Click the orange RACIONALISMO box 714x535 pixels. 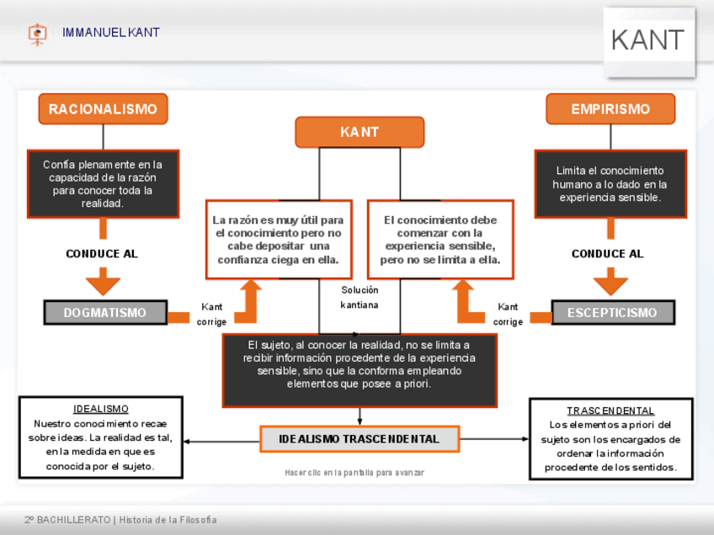tap(103, 109)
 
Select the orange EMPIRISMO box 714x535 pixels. tap(610, 109)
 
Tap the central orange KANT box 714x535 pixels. tap(360, 132)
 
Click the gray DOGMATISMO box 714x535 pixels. tap(104, 313)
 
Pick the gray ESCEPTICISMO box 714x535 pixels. tap(612, 313)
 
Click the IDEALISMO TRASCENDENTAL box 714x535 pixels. tap(360, 439)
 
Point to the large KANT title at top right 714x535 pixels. tap(647, 40)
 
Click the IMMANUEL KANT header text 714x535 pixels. tap(111, 33)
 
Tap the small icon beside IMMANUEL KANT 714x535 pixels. tap(37, 34)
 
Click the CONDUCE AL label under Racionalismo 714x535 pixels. tap(102, 254)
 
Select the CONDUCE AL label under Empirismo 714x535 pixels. tap(607, 254)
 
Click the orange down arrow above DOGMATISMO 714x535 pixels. tap(104, 281)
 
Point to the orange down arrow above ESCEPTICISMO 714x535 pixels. tap(610, 281)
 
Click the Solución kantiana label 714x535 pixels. tap(360, 297)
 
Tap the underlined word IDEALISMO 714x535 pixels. tap(101, 410)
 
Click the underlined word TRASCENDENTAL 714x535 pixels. tap(610, 411)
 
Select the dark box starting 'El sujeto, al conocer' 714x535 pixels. tap(360, 369)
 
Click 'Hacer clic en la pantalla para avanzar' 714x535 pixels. tap(354, 473)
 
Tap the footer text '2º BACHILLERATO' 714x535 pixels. tap(67, 520)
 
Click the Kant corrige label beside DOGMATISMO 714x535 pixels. tap(211, 315)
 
